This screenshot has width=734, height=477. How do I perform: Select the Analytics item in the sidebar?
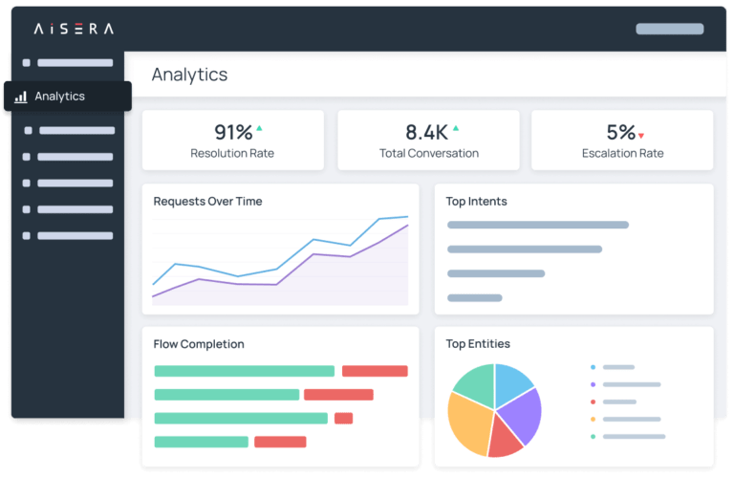point(59,97)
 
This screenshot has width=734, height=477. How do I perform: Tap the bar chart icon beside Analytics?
point(21,97)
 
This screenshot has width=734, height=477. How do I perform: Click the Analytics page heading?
point(189,75)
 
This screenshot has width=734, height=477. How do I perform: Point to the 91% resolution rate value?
point(233,133)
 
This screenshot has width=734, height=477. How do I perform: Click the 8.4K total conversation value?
point(426,133)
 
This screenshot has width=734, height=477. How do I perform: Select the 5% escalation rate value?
point(620,133)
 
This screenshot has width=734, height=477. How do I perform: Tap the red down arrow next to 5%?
point(641,136)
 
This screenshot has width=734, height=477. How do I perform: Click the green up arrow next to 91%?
point(259,128)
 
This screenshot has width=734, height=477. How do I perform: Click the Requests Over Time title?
point(207,202)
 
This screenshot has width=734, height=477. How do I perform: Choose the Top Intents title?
point(476,202)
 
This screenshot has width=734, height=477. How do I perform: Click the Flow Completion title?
point(199,344)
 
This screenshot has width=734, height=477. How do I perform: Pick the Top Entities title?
point(478,344)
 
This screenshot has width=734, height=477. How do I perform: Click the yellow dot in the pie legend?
point(594,419)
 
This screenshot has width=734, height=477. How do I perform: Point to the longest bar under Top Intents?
point(538,226)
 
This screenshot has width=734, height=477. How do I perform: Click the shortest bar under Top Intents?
point(475,298)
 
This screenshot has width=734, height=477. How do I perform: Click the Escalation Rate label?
point(622,153)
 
